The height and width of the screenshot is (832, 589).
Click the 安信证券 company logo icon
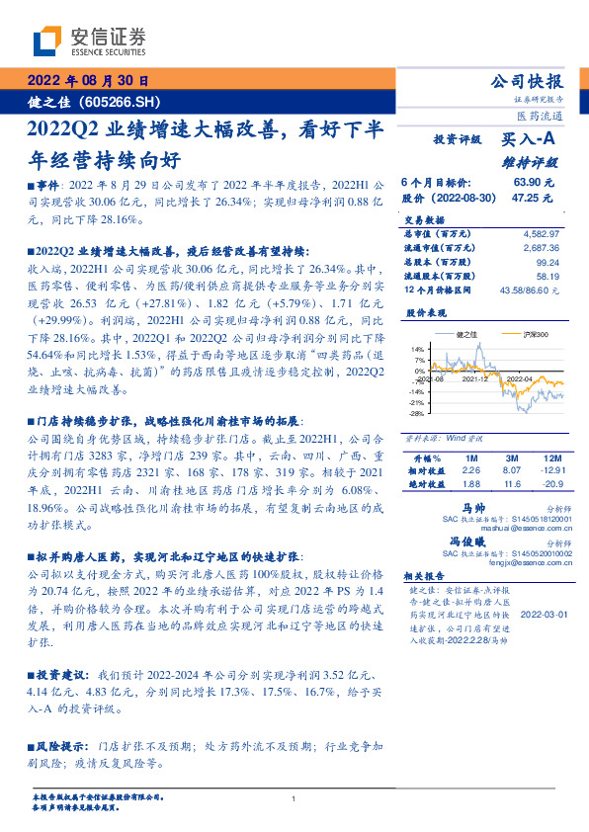click(x=46, y=41)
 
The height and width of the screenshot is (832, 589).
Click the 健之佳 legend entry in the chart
click(x=465, y=335)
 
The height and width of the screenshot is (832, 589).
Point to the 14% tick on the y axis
click(x=418, y=349)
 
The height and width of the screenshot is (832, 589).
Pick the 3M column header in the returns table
click(x=511, y=458)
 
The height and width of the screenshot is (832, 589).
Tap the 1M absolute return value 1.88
click(x=471, y=484)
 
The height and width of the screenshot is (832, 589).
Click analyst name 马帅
click(x=457, y=505)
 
